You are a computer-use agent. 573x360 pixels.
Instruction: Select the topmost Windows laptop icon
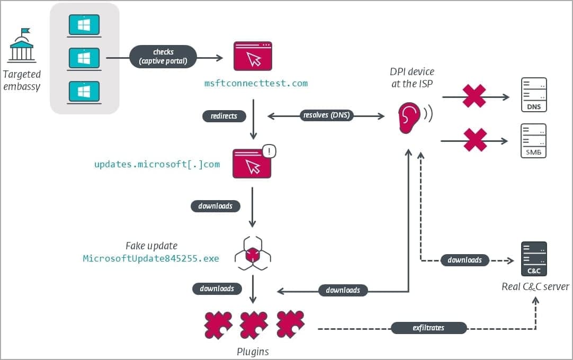(84, 25)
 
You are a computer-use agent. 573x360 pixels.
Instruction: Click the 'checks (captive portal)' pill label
(163, 57)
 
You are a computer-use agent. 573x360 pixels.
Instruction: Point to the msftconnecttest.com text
(256, 83)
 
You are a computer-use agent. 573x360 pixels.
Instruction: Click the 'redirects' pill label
(224, 115)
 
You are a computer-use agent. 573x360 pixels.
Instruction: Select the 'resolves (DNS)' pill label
(326, 115)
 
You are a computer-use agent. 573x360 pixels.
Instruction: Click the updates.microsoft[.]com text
(157, 164)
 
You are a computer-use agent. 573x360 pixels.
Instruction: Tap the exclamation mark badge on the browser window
(269, 151)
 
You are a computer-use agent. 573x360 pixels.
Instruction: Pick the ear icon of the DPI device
(409, 117)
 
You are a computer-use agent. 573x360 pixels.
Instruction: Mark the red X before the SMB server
(475, 140)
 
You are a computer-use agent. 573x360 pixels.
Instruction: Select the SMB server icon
(533, 140)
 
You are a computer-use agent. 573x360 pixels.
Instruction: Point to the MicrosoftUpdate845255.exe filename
(151, 259)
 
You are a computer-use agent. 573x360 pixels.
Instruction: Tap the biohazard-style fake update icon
(253, 254)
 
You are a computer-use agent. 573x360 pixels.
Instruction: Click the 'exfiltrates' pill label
(429, 328)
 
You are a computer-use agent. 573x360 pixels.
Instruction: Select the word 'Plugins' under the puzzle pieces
(253, 352)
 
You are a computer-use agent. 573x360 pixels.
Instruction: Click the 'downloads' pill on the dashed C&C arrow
(464, 260)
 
